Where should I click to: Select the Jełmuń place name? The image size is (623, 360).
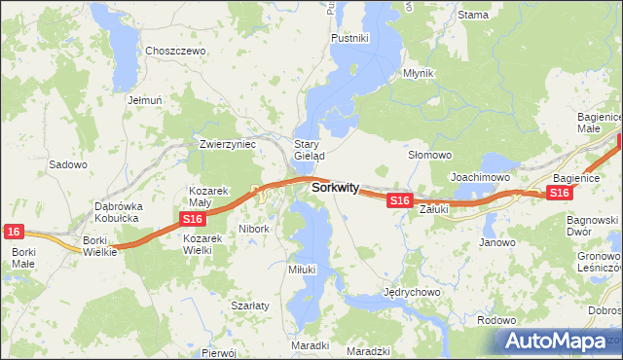[x=143, y=99]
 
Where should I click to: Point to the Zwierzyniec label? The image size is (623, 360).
[x=227, y=143]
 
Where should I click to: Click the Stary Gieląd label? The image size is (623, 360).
[x=309, y=149]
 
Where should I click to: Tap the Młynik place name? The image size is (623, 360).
[x=419, y=73]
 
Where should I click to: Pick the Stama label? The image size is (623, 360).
[x=473, y=15]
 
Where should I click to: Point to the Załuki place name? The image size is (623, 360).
[x=432, y=208]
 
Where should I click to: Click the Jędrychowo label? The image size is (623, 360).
[x=413, y=291]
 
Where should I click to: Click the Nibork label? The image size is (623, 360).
[x=253, y=229]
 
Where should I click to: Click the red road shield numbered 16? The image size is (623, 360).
[x=13, y=231]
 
